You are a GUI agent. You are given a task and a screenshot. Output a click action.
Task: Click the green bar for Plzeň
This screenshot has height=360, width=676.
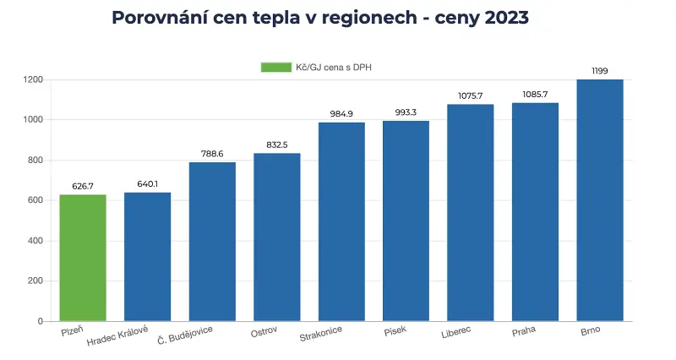(x=83, y=258)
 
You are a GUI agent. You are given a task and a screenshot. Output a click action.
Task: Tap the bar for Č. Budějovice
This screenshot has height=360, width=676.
(x=212, y=242)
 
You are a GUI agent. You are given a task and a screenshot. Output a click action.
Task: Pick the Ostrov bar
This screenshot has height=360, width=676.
(x=276, y=237)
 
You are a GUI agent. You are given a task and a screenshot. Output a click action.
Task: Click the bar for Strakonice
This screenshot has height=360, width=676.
(x=341, y=222)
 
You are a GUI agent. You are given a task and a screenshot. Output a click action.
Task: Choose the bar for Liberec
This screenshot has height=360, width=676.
(x=470, y=213)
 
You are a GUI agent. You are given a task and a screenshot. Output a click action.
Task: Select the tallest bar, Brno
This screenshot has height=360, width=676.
(x=599, y=200)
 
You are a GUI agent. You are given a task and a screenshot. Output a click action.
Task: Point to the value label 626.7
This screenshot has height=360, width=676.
(x=83, y=186)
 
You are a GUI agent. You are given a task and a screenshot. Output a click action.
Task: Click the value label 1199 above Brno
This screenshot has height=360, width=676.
(x=599, y=71)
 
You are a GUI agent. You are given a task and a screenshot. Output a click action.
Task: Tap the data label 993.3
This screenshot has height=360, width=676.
(x=406, y=112)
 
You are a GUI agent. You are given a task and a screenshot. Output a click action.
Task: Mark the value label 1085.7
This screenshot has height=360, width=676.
(x=535, y=94)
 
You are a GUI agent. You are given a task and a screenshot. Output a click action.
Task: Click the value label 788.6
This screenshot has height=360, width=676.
(x=212, y=154)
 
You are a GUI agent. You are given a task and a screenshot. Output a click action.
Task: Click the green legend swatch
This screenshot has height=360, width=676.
(x=275, y=67)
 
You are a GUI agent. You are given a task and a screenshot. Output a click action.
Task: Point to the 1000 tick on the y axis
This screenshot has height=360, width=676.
(x=32, y=120)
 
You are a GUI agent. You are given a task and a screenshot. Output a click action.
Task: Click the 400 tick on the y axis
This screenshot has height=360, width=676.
(x=35, y=241)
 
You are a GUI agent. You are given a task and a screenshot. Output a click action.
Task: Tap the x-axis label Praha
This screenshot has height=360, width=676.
(x=524, y=331)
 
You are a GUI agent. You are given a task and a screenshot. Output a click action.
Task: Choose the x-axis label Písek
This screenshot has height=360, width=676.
(x=395, y=331)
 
